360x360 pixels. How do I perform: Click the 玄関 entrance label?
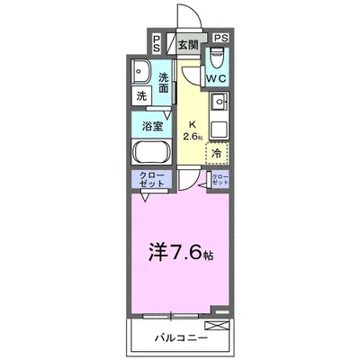(188, 45)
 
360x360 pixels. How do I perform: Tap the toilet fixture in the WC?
(217, 58)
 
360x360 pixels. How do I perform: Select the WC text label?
(216, 78)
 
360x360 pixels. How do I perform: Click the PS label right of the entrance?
(220, 38)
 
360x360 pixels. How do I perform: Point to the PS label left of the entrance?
(157, 43)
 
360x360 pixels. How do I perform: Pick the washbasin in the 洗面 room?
(142, 71)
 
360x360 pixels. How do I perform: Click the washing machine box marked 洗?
(141, 96)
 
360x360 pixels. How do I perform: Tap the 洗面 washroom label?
(164, 83)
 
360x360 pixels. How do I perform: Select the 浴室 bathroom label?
(152, 126)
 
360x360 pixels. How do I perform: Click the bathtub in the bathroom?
(152, 151)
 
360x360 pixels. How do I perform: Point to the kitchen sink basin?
(220, 102)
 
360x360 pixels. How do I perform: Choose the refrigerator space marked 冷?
(217, 153)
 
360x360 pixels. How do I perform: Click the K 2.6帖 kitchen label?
(193, 130)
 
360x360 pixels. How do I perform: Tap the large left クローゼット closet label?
(152, 179)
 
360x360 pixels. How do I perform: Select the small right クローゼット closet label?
(220, 179)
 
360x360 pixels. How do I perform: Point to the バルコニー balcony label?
(181, 338)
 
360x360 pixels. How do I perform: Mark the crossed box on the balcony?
(216, 326)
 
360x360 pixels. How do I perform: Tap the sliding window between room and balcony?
(171, 316)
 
